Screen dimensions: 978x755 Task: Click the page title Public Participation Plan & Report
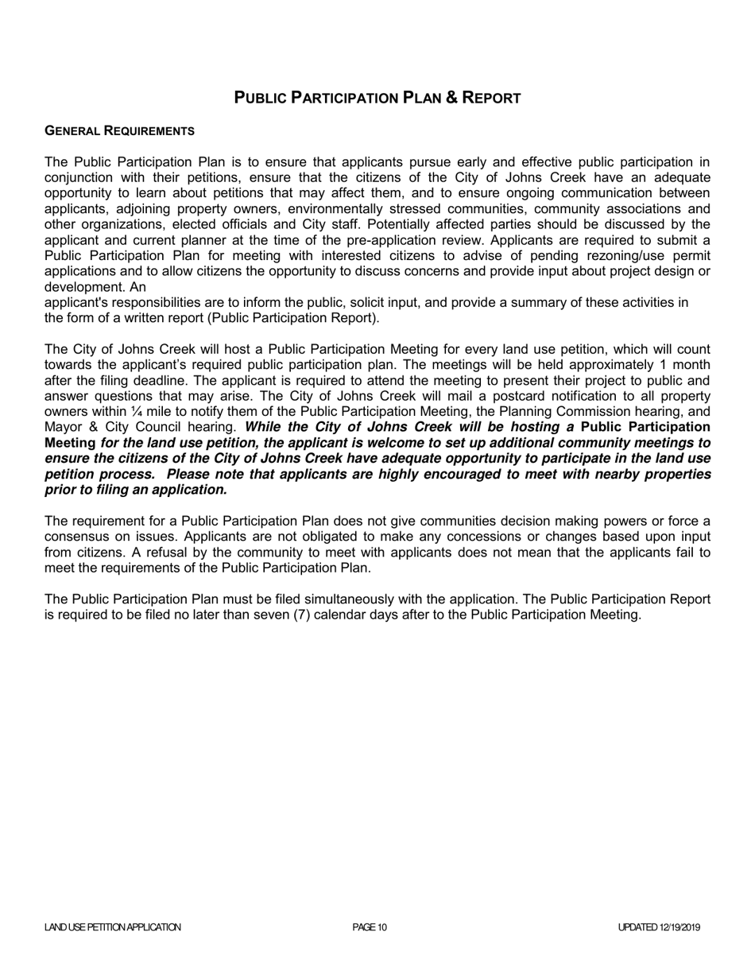(377, 98)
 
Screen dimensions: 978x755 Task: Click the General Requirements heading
(119, 130)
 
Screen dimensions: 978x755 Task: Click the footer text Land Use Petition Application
(113, 927)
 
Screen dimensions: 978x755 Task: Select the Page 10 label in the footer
(370, 927)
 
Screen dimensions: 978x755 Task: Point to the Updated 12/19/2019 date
(659, 927)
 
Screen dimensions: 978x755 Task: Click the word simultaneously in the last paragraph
(438, 600)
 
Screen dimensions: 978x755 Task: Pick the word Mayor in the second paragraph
(63, 427)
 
